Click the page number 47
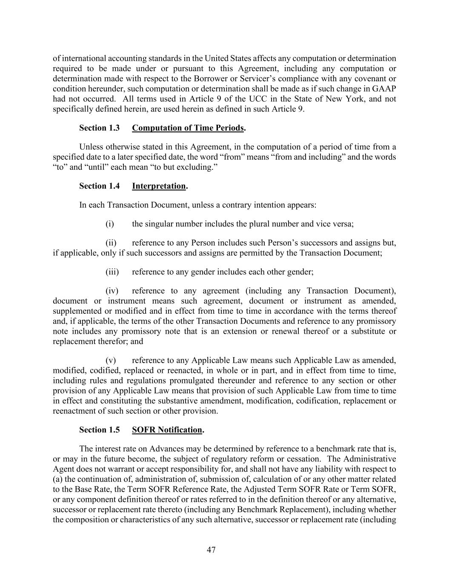pos(211,550)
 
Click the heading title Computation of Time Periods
pos(188,128)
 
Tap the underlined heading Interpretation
pos(159,186)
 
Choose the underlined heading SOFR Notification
pos(167,430)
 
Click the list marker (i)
pos(110,224)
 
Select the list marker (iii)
pos(112,272)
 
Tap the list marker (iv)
pos(112,291)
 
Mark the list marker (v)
pos(111,360)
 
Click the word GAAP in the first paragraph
pos(386,89)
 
